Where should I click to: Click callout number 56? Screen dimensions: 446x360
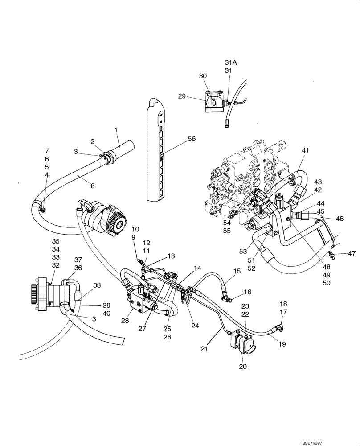pyautogui.click(x=191, y=139)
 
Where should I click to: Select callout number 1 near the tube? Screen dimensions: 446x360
pyautogui.click(x=116, y=130)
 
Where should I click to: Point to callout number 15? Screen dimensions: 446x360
pyautogui.click(x=237, y=271)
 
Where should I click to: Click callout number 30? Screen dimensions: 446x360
pyautogui.click(x=203, y=76)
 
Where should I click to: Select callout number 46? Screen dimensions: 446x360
pyautogui.click(x=340, y=219)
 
